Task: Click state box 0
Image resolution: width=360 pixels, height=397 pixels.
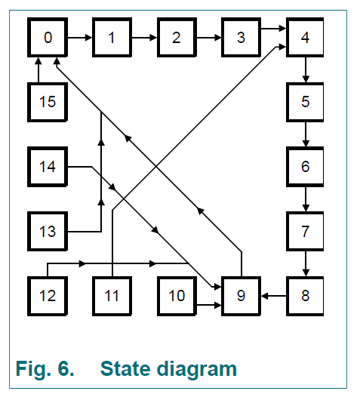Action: [x=48, y=38]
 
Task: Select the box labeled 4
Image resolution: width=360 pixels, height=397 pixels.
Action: [x=305, y=38]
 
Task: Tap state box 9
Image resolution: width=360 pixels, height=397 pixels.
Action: [x=241, y=296]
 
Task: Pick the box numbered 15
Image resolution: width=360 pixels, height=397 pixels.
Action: [x=48, y=102]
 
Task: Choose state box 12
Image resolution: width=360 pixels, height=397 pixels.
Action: [x=48, y=296]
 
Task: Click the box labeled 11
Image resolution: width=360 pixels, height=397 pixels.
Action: [x=112, y=296]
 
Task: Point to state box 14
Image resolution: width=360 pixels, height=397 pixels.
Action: [x=48, y=167]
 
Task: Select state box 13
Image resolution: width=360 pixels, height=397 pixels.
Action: [x=48, y=232]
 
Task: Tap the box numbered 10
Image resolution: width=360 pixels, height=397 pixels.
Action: [x=177, y=296]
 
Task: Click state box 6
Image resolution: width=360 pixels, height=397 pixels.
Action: [x=305, y=167]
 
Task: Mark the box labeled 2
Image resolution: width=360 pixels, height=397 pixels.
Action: [x=177, y=38]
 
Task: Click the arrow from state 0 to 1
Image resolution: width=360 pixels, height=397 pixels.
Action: [x=80, y=38]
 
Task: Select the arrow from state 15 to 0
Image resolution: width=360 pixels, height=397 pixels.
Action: [x=38, y=70]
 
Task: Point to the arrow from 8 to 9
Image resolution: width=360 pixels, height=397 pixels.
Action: [x=274, y=296]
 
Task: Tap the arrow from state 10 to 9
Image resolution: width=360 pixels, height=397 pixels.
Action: [x=209, y=305]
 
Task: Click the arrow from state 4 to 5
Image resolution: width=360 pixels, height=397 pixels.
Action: [x=306, y=70]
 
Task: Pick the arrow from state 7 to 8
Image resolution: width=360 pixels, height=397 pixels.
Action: [x=306, y=263]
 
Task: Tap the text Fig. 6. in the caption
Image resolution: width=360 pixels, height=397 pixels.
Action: [x=45, y=369]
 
